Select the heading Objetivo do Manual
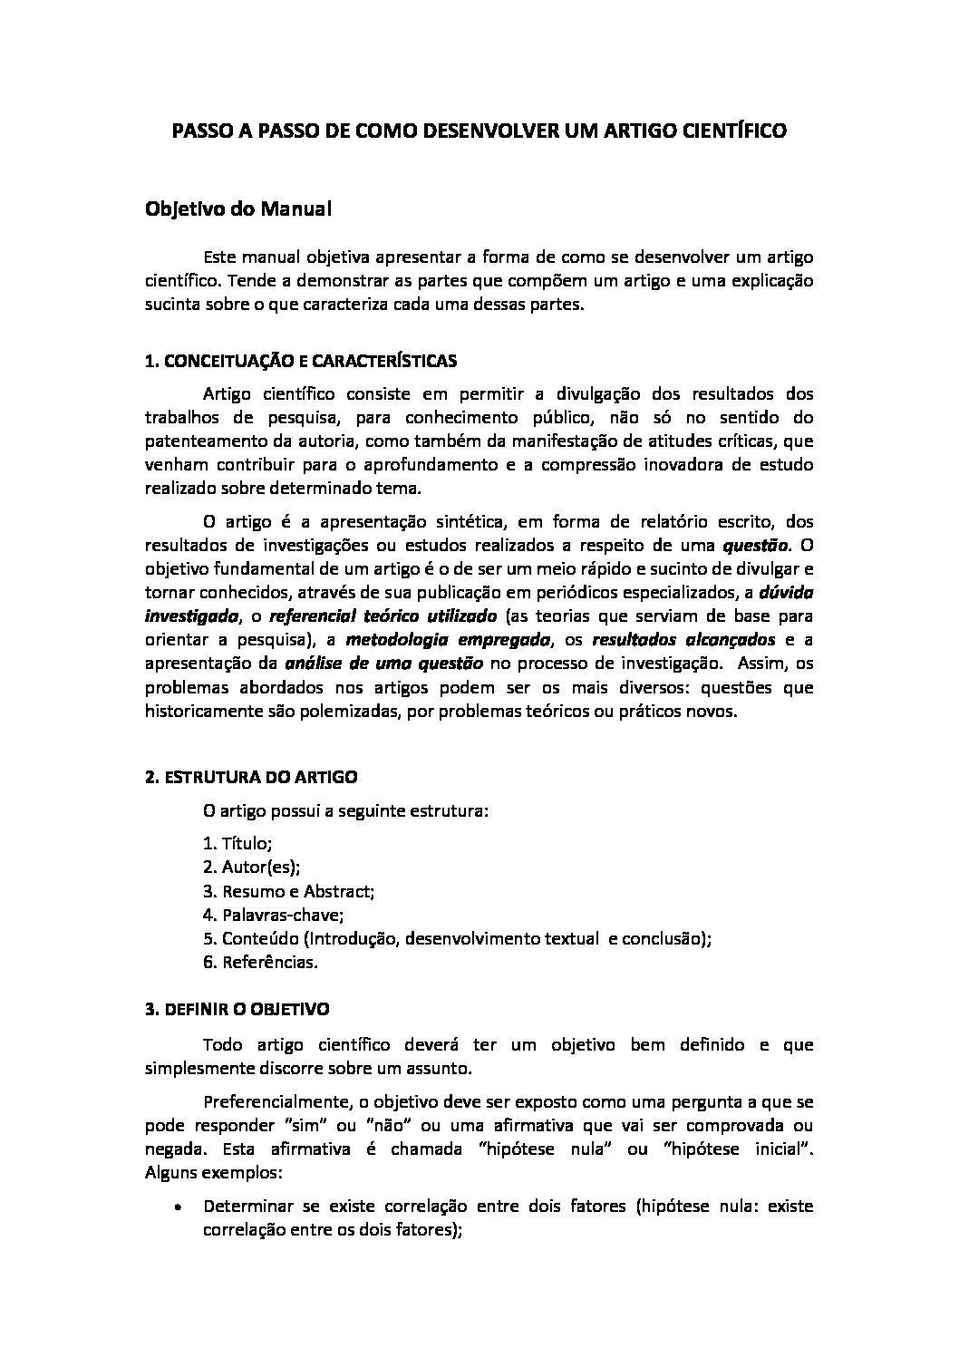tap(238, 209)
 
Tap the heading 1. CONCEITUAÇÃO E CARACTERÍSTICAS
tap(301, 361)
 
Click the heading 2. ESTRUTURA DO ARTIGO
tap(251, 777)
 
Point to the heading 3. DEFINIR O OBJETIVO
tap(237, 1008)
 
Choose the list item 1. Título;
tap(237, 844)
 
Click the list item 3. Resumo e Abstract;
tap(289, 891)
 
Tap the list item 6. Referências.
tap(261, 962)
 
